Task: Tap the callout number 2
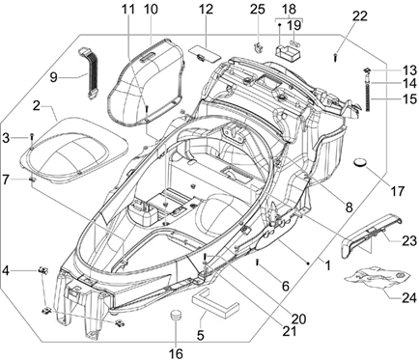tap(36, 104)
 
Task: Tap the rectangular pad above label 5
tap(216, 305)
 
